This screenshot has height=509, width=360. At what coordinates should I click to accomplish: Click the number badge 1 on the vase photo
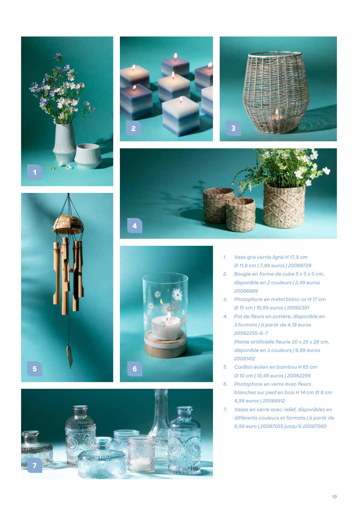(x=34, y=172)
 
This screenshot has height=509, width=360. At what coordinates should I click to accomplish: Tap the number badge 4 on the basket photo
(x=135, y=225)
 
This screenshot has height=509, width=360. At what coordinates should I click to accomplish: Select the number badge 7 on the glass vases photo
(x=34, y=465)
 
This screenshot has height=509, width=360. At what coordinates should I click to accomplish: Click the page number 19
(x=334, y=497)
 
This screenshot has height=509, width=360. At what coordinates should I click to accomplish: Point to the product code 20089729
(x=299, y=266)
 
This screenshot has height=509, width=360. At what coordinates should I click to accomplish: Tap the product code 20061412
(x=244, y=358)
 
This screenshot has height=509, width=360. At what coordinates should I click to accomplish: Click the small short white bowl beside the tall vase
(x=88, y=156)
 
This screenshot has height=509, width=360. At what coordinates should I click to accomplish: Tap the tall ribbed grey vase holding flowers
(x=64, y=143)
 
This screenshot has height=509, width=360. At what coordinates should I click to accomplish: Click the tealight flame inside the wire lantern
(x=277, y=112)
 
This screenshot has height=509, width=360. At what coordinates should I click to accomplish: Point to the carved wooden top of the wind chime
(x=68, y=224)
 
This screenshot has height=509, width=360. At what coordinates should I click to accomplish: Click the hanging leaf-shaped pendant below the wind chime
(x=70, y=356)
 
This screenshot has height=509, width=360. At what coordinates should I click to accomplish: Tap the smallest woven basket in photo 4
(x=241, y=214)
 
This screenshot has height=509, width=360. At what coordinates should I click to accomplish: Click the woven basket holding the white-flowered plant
(x=284, y=206)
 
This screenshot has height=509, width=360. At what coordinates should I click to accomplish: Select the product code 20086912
(x=274, y=401)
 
